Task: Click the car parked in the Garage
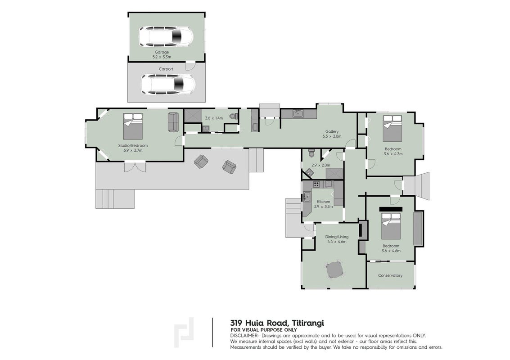pos(166,36)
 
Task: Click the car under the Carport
pos(168,84)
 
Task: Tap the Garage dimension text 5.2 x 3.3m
pos(162,57)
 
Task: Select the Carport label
pos(166,69)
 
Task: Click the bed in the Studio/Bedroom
pos(133,126)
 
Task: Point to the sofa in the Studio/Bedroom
pos(173,122)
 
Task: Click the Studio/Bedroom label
pos(133,146)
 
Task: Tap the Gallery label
pos(332,132)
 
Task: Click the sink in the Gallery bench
pos(297,113)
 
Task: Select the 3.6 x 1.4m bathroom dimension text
pos(214,118)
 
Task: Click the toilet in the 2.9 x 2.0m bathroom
pos(311,153)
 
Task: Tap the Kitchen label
pos(323,202)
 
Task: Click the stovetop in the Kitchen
pos(316,184)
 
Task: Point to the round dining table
pos(335,270)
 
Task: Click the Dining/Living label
pos(337,237)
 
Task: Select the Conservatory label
pos(390,275)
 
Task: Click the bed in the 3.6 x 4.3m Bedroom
pos(392,128)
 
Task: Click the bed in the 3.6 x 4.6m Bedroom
pos(391,226)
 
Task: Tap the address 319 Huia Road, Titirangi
pos(277,323)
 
